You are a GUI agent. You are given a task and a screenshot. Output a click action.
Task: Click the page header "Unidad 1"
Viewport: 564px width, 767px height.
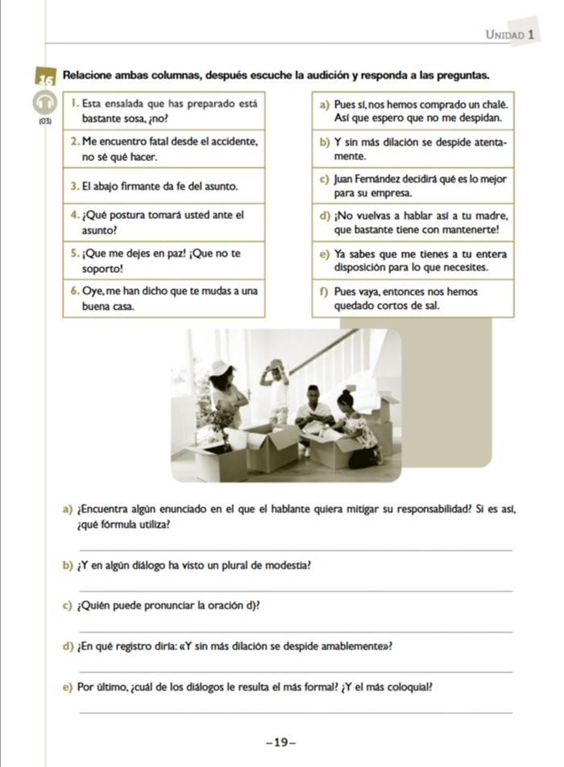(x=511, y=35)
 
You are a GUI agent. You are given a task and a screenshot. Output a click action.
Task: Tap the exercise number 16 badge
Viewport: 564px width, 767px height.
(x=44, y=79)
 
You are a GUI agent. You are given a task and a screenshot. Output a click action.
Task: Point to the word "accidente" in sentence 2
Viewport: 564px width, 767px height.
(x=234, y=142)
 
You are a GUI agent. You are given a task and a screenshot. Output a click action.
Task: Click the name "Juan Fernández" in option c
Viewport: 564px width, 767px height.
(x=368, y=179)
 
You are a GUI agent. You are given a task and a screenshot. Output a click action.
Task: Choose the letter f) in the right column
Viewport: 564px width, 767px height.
(x=324, y=292)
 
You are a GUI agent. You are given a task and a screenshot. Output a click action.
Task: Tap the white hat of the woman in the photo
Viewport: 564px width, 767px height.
(x=219, y=367)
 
